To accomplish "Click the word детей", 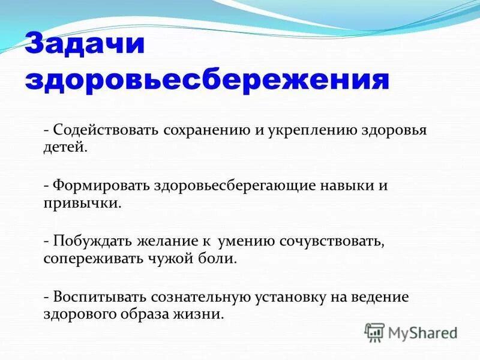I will pyautogui.click(x=66, y=147).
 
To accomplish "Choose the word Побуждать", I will pyautogui.click(x=94, y=241).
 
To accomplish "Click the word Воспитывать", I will pyautogui.click(x=100, y=296).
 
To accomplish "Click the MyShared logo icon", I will pyautogui.click(x=374, y=332).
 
